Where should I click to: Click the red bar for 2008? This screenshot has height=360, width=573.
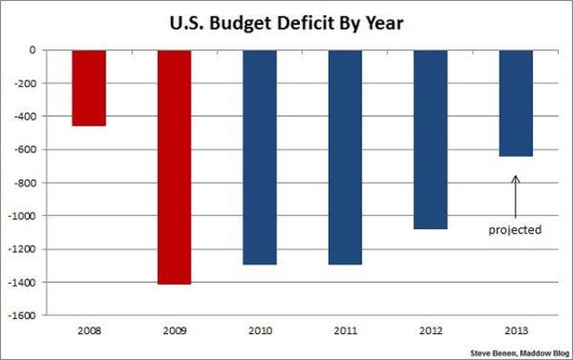90,88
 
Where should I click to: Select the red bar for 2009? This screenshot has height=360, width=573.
175,167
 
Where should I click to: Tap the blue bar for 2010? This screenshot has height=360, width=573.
260,157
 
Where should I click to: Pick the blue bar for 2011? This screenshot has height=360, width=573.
345,157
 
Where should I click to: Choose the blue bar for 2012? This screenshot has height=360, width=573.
431,139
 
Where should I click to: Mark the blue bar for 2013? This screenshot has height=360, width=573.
516,103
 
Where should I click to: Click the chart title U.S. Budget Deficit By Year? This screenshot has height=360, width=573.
285,21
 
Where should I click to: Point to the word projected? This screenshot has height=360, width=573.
515,230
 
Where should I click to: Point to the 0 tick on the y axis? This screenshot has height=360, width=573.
31,50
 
